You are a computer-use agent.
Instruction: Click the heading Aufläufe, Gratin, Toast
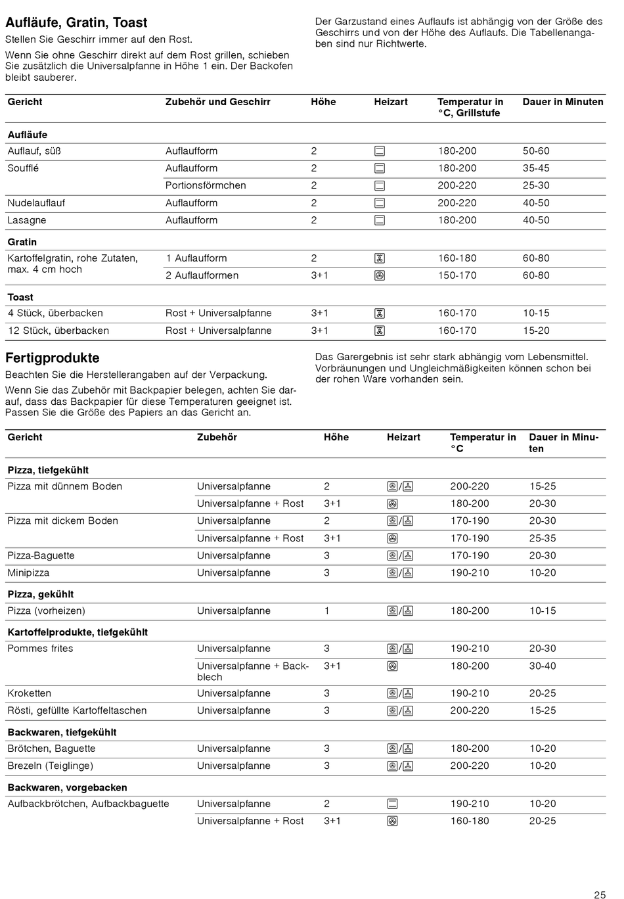coord(76,23)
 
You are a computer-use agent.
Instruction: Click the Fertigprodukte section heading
coord(53,358)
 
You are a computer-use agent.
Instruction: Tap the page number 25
coord(600,894)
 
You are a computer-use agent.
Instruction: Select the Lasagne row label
coord(27,220)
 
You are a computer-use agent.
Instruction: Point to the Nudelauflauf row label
coord(36,203)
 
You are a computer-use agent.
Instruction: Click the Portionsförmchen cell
coord(206,185)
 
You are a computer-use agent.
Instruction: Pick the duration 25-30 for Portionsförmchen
coord(536,185)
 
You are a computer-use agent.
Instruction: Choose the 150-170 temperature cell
coord(457,275)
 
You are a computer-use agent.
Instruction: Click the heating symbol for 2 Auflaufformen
coord(380,276)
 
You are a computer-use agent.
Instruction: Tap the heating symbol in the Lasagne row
coord(380,221)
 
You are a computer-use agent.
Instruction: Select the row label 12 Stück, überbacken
coord(58,331)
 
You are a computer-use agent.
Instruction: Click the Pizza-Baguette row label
coord(41,555)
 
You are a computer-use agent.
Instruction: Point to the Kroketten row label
coord(29,693)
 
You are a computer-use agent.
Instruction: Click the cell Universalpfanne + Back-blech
coord(252,671)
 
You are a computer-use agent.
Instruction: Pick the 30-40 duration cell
coord(543,666)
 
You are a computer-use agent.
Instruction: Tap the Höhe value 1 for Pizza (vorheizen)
coord(326,611)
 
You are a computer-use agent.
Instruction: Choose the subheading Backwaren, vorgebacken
coord(67,787)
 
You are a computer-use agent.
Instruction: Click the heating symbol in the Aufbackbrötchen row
coord(392,804)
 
